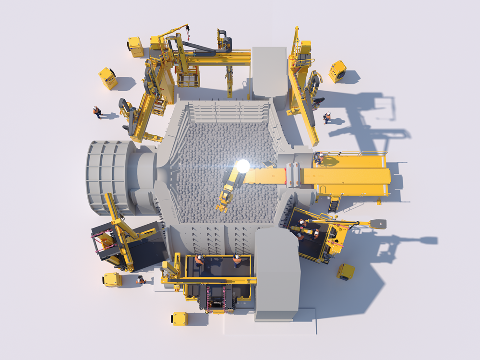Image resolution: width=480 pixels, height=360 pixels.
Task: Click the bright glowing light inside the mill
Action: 243,166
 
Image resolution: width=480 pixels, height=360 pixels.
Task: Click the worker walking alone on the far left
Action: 97,112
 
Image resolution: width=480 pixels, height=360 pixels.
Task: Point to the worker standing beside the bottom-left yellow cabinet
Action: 140,279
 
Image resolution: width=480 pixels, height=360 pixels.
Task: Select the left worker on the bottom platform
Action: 199,260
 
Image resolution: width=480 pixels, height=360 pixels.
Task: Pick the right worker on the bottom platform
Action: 237,260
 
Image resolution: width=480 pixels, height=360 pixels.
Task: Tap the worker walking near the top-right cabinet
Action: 327,117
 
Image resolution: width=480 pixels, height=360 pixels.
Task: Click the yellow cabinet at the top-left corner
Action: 135,47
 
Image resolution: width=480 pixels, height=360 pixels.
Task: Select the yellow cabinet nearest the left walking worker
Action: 108,78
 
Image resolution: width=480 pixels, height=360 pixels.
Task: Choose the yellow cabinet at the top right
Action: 337,71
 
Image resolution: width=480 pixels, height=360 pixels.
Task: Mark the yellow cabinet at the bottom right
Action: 346,272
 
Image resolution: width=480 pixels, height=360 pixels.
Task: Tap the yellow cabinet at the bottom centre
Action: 180,319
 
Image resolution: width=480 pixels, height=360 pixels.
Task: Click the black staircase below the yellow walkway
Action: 333,204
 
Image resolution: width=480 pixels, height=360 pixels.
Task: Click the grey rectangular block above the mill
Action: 269,72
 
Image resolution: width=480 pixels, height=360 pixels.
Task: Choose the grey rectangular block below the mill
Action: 277,274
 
